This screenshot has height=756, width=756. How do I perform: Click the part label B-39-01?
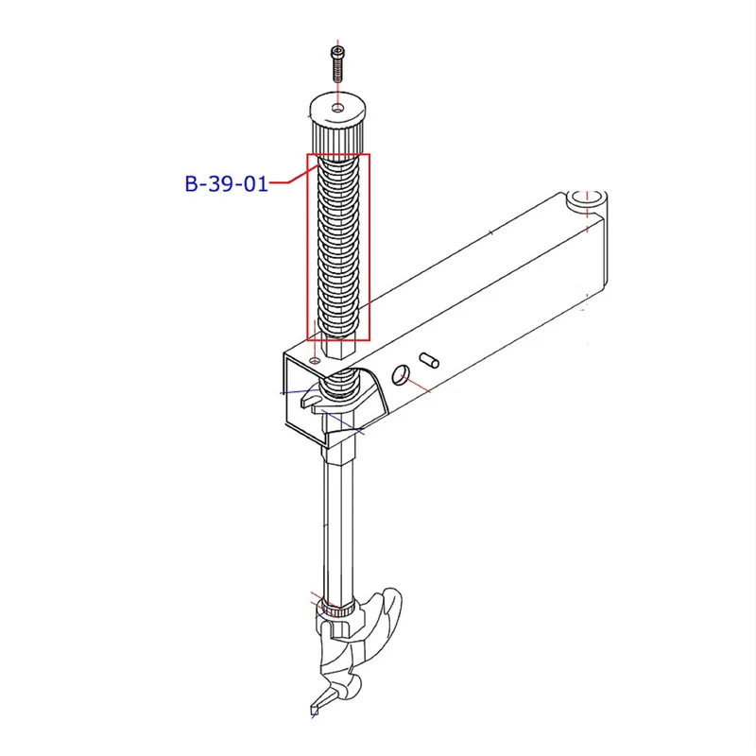click(x=226, y=183)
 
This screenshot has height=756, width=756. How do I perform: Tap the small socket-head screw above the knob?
click(x=338, y=63)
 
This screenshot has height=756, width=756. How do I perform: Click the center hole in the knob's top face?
click(x=338, y=108)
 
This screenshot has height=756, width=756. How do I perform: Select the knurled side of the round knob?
click(x=337, y=136)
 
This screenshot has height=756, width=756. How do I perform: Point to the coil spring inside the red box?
click(x=338, y=247)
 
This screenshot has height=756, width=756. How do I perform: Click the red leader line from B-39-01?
click(x=293, y=176)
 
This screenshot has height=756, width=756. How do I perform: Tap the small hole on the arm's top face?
click(x=316, y=361)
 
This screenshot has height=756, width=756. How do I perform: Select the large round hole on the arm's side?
click(x=401, y=374)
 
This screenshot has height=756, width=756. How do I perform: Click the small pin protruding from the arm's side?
click(x=429, y=360)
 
